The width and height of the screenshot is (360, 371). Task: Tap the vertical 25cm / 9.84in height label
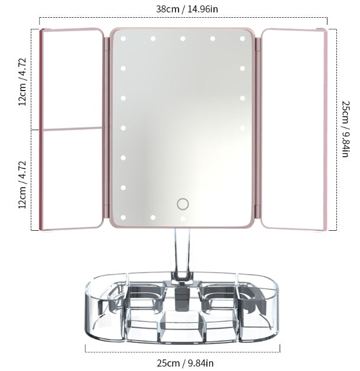point(346,128)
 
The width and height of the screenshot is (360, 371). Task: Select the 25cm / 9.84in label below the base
point(183,362)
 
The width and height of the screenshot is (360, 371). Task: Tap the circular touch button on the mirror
point(183,204)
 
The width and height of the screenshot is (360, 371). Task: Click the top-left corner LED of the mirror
point(124,39)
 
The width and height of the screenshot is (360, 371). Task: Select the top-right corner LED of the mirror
point(242,39)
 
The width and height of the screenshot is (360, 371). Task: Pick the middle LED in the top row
point(183,39)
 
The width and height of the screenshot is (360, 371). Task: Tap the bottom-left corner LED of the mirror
point(124,217)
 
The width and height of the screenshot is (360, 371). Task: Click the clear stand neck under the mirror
point(181,254)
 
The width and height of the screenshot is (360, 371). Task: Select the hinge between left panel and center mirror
point(106,128)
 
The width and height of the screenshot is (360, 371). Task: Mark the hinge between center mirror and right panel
point(258,128)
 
